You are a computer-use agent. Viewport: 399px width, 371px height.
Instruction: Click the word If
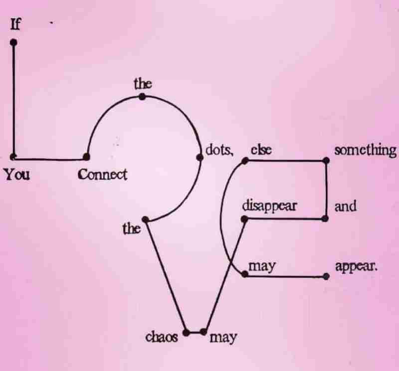click(x=16, y=24)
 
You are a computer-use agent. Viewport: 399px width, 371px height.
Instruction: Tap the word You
click(x=17, y=175)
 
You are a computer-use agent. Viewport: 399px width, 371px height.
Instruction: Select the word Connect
click(x=102, y=175)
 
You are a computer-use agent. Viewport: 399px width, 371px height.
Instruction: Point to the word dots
click(x=219, y=150)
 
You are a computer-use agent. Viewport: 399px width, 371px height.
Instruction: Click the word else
click(x=260, y=150)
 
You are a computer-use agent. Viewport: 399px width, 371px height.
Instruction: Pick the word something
click(x=365, y=150)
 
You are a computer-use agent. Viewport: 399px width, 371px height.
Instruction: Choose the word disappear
click(x=269, y=205)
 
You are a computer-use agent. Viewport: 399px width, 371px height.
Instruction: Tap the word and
click(x=346, y=206)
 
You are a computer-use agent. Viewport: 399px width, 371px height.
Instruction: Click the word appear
click(x=356, y=266)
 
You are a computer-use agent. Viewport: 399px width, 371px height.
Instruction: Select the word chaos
click(x=162, y=337)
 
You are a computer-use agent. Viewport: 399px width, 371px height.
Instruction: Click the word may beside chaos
click(x=223, y=338)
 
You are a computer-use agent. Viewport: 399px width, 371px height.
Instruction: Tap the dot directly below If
click(x=13, y=43)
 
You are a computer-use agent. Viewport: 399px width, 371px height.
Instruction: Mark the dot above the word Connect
click(x=86, y=157)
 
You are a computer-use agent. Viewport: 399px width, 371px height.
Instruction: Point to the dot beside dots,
click(x=199, y=158)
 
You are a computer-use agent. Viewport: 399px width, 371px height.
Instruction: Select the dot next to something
click(x=326, y=161)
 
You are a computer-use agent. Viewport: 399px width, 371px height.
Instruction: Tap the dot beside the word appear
click(x=326, y=276)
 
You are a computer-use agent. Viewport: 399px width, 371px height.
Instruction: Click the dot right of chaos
click(x=186, y=332)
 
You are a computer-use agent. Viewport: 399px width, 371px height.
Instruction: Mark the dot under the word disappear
click(x=244, y=219)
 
